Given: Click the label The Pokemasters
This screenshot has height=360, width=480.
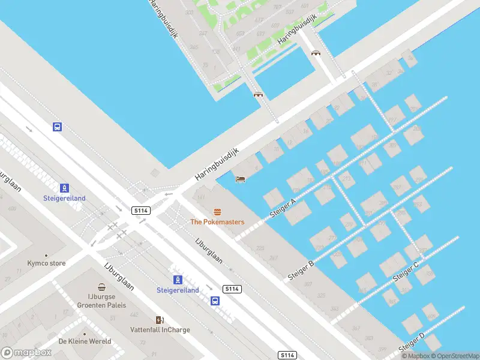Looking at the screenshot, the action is [217, 222].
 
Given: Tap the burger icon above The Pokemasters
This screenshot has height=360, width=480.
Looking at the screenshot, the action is [217, 211].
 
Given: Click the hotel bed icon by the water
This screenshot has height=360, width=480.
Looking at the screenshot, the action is [241, 179].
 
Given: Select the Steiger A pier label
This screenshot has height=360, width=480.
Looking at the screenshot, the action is [285, 208].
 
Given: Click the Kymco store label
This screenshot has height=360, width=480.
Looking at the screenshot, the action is [46, 263].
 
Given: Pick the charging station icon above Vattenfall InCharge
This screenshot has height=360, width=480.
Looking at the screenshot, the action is [160, 319].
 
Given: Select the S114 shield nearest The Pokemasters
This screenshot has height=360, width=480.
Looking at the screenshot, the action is [141, 211].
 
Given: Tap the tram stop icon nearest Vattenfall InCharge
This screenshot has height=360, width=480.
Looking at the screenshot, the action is [178, 280].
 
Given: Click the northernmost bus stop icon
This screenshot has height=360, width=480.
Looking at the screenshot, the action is [57, 127].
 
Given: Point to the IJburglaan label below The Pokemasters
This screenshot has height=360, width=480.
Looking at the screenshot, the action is [209, 251].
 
